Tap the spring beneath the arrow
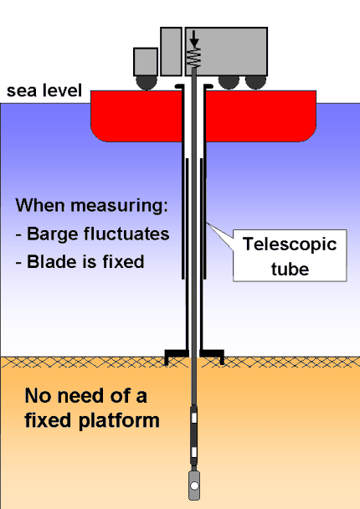pyautogui.click(x=194, y=58)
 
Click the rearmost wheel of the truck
pyautogui.click(x=253, y=82)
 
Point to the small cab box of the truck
pyautogui.click(x=145, y=61)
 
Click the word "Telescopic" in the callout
pyautogui.click(x=289, y=245)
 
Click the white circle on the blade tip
pyautogui.click(x=194, y=486)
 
